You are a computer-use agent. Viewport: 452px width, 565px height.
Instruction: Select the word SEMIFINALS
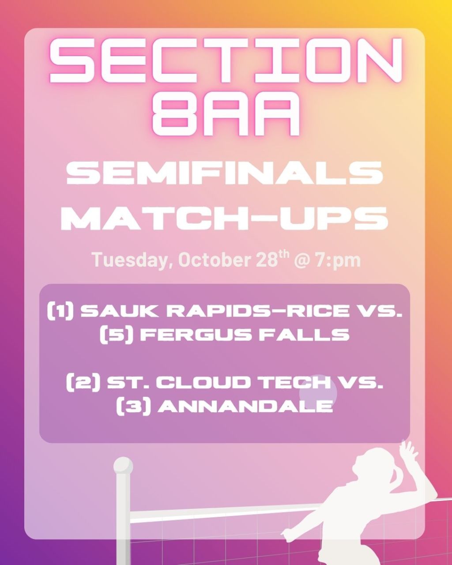pyautogui.click(x=225, y=173)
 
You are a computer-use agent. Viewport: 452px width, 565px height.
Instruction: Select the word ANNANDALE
pyautogui.click(x=245, y=405)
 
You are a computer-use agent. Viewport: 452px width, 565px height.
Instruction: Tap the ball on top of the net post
pyautogui.click(x=123, y=466)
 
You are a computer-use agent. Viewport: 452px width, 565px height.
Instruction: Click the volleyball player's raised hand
pyautogui.click(x=407, y=450)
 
